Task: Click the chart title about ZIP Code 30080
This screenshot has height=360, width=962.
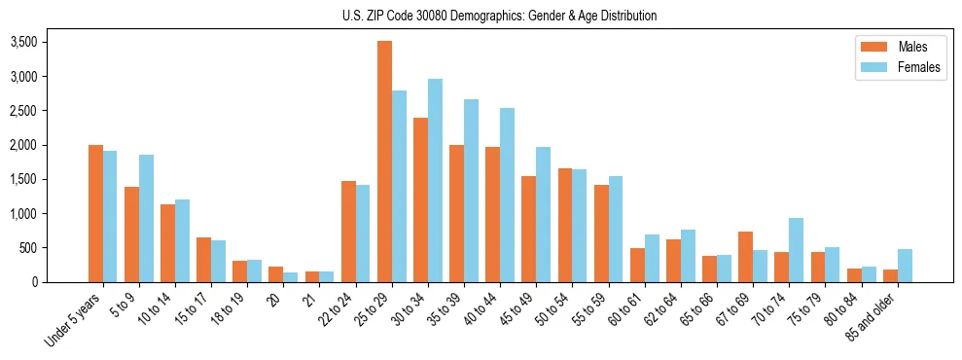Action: tap(499, 16)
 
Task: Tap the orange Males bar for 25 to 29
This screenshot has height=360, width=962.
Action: tap(384, 162)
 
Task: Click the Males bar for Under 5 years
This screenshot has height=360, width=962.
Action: tap(95, 214)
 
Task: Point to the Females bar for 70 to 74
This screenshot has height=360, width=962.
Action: tap(796, 250)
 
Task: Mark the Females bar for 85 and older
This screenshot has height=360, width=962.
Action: tap(905, 266)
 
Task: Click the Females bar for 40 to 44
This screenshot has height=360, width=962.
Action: tap(507, 196)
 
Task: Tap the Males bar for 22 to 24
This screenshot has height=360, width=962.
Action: tap(348, 232)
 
